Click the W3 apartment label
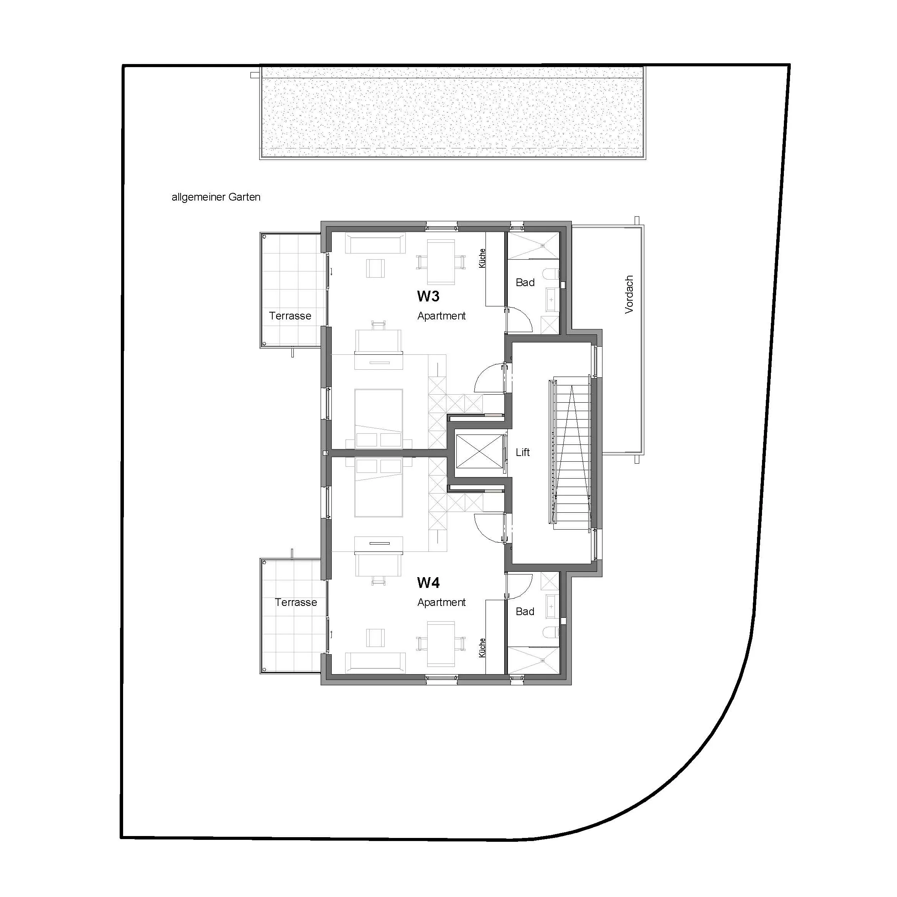click(428, 296)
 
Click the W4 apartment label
click(428, 582)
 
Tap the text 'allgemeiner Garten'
click(216, 197)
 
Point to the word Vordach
click(629, 295)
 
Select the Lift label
click(523, 452)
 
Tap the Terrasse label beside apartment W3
click(290, 316)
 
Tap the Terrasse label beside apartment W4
click(296, 602)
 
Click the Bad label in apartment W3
click(525, 282)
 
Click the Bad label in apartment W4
click(525, 611)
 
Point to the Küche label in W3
click(482, 258)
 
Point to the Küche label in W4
click(482, 647)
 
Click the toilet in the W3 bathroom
click(553, 275)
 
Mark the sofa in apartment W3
click(375, 243)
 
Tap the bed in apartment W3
click(379, 418)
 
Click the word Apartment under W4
click(441, 602)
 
